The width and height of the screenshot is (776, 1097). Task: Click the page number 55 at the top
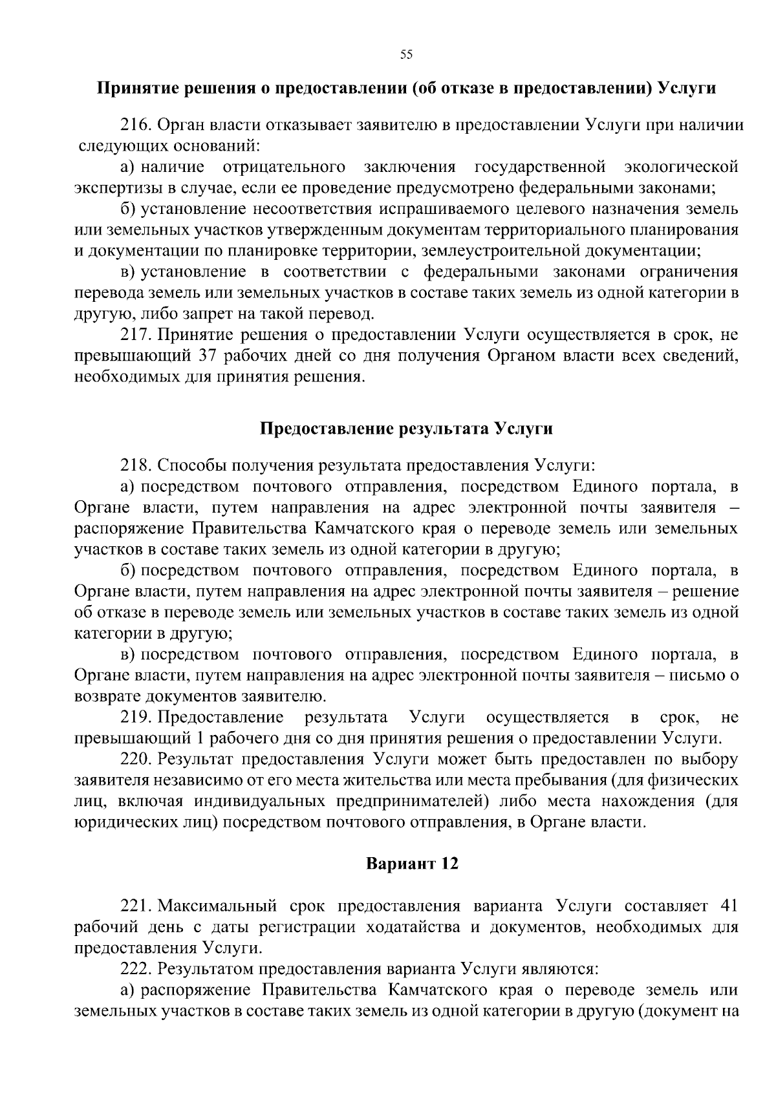(x=406, y=54)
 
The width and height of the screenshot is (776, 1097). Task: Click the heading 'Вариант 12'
(x=412, y=864)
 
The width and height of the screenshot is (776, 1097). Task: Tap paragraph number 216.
(x=135, y=125)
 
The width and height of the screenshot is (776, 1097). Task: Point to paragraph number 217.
(x=135, y=335)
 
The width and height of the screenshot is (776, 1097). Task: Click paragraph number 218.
(x=135, y=465)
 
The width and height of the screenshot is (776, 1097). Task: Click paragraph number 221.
(x=135, y=906)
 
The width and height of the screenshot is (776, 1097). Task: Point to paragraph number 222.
(x=135, y=968)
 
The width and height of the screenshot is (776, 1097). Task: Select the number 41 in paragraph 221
(x=727, y=906)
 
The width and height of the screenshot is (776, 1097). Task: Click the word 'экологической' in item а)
(x=681, y=167)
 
